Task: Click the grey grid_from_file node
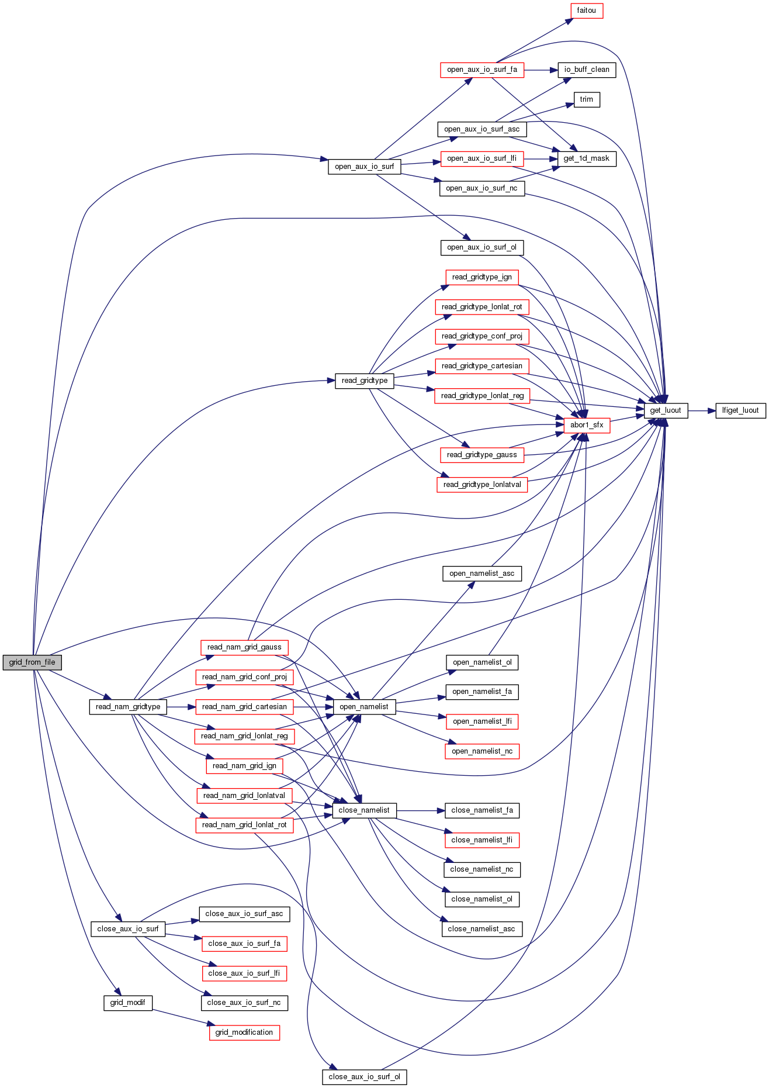32,662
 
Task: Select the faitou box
586,11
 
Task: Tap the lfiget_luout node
740,410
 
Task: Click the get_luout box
666,410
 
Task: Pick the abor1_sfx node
587,425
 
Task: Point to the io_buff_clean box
586,70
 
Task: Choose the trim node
587,99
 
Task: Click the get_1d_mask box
586,158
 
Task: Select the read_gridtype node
365,381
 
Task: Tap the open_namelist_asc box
482,574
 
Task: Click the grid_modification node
244,1032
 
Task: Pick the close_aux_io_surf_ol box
364,1077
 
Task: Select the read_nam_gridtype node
128,707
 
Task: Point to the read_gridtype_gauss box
482,455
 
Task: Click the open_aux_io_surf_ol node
482,247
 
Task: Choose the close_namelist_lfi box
482,840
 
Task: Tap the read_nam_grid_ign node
244,766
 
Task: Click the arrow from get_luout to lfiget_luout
702,410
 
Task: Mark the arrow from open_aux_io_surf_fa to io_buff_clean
541,70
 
